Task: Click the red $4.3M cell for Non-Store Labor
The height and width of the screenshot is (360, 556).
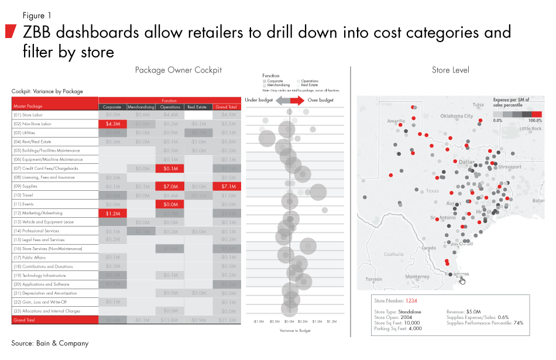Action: [112, 124]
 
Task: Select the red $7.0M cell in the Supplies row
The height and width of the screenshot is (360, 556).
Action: [170, 186]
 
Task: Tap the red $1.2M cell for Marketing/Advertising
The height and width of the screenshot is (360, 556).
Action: [112, 213]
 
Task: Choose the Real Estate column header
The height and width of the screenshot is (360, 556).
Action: [198, 107]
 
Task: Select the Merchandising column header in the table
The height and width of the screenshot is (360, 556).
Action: [141, 107]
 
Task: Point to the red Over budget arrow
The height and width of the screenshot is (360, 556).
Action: [297, 101]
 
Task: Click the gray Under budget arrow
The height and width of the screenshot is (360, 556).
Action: [282, 101]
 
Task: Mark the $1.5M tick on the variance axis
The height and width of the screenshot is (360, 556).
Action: [331, 321]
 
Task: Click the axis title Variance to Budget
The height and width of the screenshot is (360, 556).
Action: [289, 331]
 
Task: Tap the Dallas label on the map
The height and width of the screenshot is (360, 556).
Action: [467, 161]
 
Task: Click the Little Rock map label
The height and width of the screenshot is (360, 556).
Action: [530, 128]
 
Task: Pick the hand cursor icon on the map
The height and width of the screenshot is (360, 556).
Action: [462, 280]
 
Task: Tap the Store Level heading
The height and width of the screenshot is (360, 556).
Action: [450, 70]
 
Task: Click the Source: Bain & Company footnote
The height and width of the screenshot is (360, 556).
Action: [50, 343]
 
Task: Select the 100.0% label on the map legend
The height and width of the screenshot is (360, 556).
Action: [534, 120]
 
